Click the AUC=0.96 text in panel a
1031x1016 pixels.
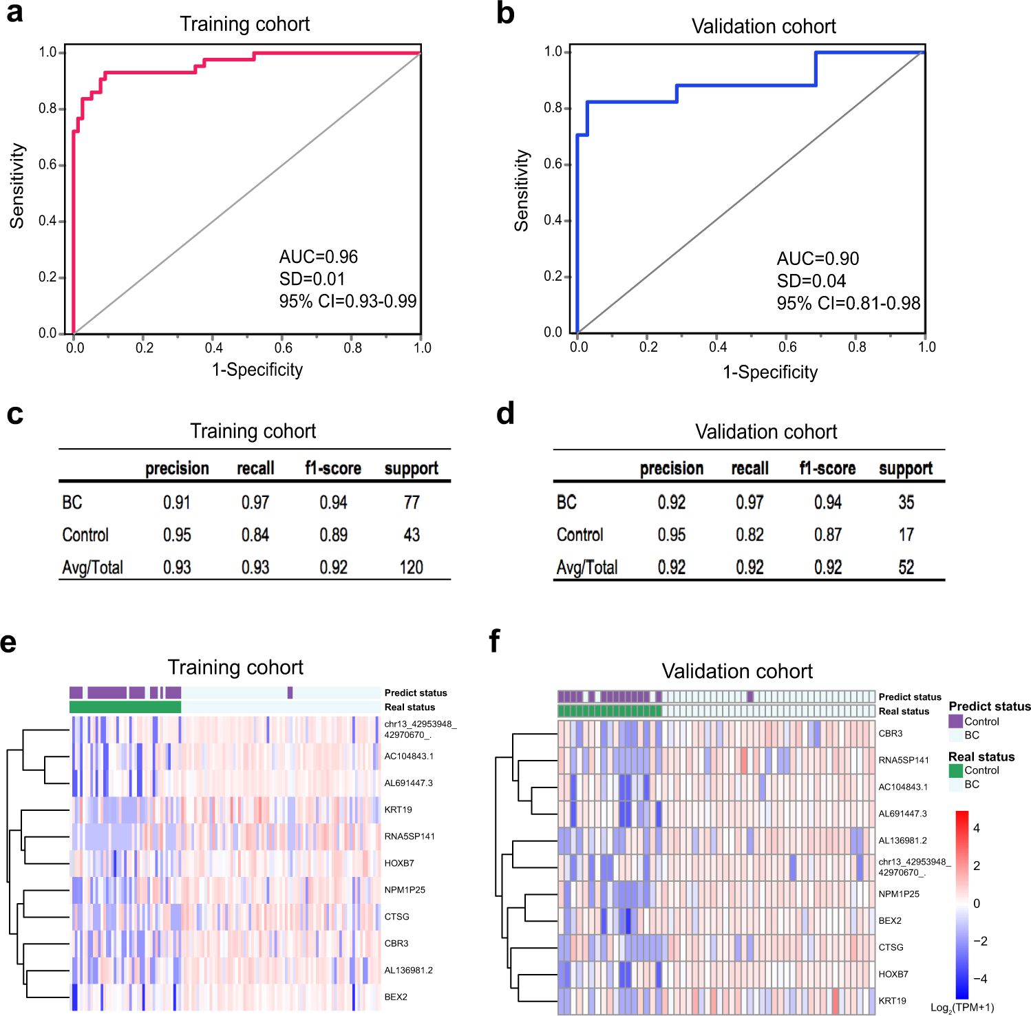(318, 257)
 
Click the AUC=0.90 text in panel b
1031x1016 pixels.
(818, 259)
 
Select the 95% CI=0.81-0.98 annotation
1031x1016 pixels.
(848, 304)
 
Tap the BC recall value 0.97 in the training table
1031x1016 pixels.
(255, 502)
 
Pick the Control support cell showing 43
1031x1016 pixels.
(412, 535)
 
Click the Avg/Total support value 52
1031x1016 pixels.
(906, 567)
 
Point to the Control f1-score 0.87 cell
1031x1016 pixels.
(827, 535)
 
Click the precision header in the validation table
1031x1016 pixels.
(671, 469)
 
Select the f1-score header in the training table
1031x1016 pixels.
(333, 469)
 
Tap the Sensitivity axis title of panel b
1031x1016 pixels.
(522, 191)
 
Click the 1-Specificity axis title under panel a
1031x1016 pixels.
(257, 370)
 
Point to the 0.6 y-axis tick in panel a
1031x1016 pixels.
(47, 165)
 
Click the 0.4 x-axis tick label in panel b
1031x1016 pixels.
(717, 347)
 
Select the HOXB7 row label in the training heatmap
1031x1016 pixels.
(399, 863)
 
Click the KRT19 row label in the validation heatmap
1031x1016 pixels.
(892, 1001)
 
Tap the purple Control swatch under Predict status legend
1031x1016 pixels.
(955, 721)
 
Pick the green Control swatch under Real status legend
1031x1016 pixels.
(955, 770)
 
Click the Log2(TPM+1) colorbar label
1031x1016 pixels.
(961, 1008)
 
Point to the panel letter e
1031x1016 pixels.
(8, 642)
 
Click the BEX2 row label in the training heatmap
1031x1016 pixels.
(396, 997)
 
